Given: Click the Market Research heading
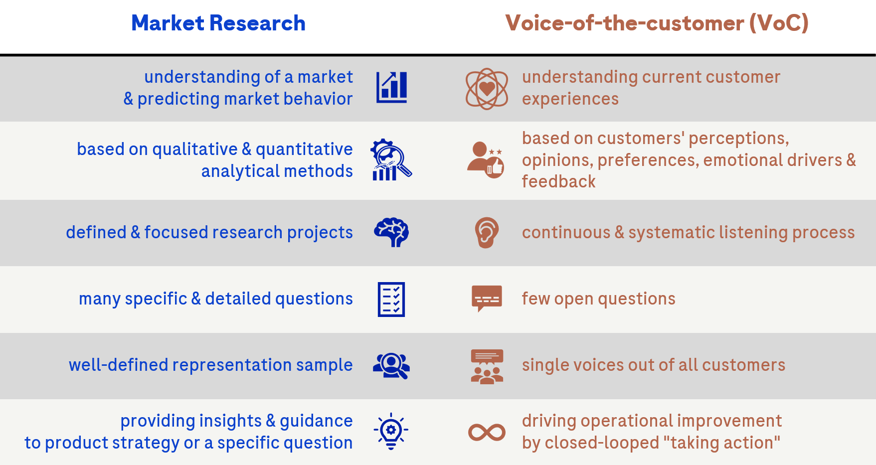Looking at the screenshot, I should (218, 23).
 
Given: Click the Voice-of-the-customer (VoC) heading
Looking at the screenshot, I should (657, 23).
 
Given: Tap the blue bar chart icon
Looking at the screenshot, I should (391, 87).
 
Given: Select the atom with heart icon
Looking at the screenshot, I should (487, 89).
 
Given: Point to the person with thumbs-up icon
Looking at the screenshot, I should (486, 159).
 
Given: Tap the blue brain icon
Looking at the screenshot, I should (391, 232).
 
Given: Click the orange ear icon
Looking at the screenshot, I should (487, 232).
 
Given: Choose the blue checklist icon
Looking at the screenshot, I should (391, 299).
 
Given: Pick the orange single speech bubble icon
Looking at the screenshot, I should (487, 298).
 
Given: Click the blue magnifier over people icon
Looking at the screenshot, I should (391, 366).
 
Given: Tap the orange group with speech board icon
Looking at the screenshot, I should (487, 366).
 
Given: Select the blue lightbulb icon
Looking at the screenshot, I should (391, 431).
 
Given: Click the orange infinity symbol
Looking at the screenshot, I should (487, 432).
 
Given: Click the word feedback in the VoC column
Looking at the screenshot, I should (558, 182).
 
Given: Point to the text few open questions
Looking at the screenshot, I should (598, 299).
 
